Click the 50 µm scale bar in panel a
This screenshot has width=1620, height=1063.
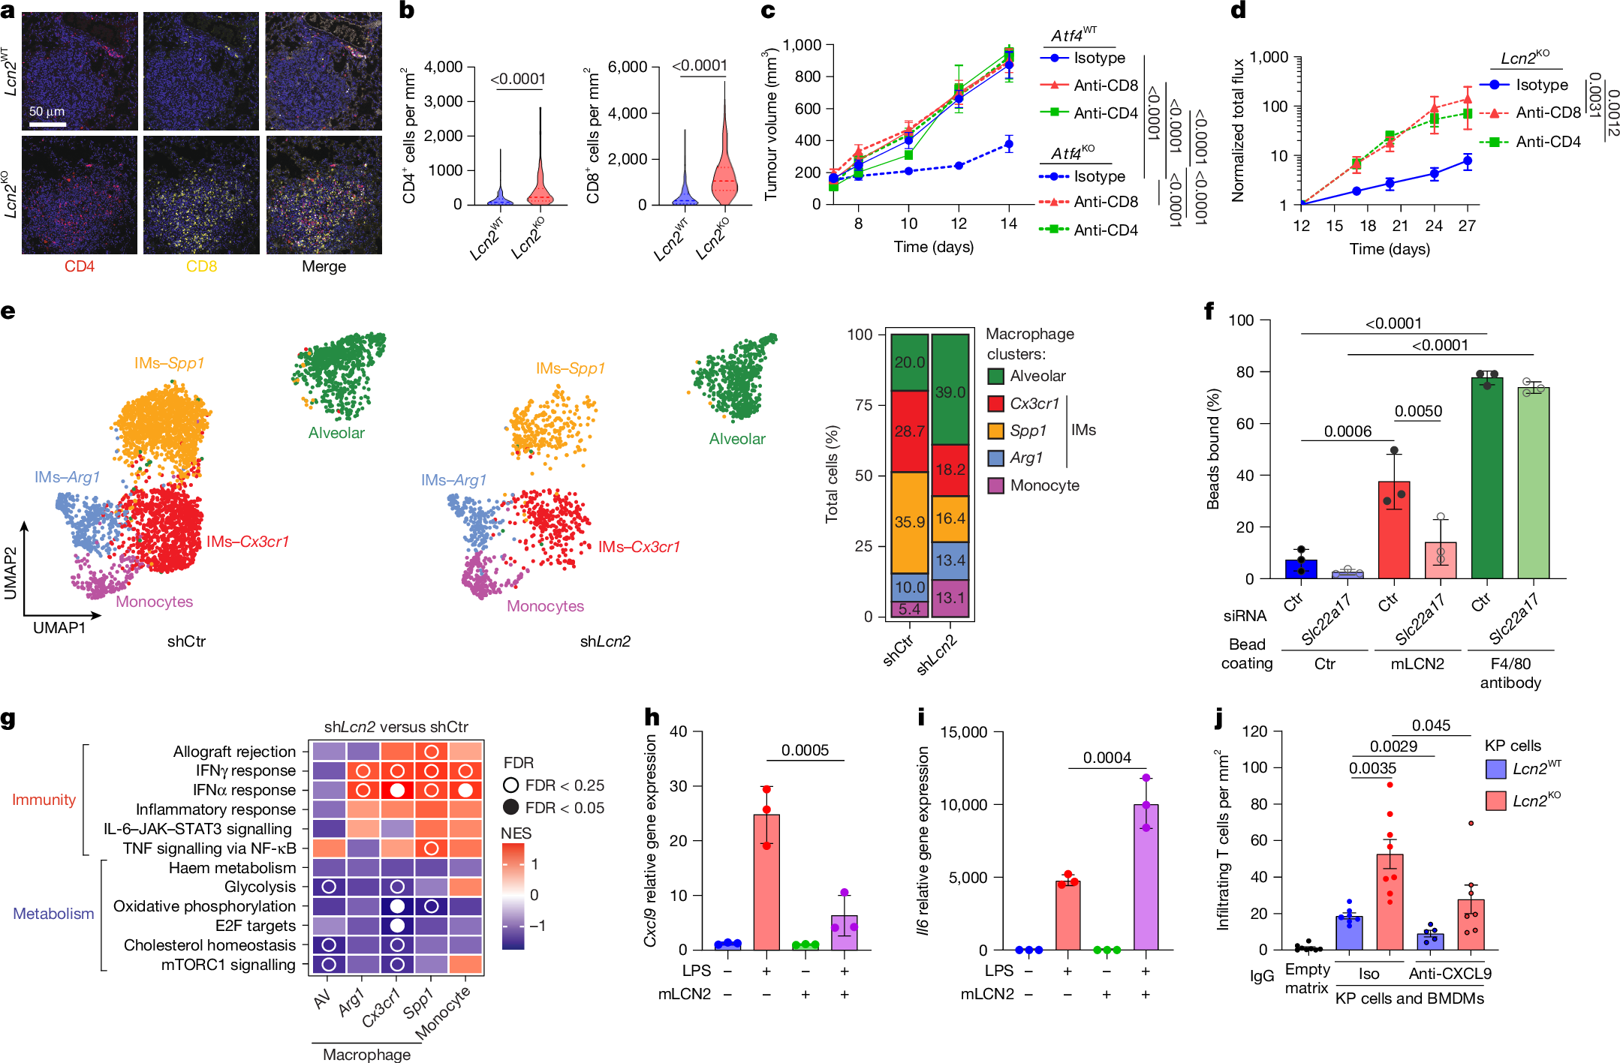[x=47, y=124]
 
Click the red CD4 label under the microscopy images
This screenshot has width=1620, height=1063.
[x=80, y=266]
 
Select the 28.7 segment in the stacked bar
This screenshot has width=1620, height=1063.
[x=909, y=431]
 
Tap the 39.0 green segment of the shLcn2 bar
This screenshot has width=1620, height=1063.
[x=950, y=391]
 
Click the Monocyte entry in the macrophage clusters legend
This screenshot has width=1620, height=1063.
[x=1043, y=485]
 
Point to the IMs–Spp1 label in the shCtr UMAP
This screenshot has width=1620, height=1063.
[x=169, y=363]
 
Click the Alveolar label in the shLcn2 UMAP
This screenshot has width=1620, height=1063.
[x=736, y=439]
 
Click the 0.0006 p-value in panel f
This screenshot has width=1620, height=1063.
[x=1347, y=431]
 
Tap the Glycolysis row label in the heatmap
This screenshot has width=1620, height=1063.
[x=260, y=887]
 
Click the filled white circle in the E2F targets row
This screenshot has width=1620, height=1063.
[x=397, y=926]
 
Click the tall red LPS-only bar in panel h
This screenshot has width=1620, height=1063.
[x=766, y=881]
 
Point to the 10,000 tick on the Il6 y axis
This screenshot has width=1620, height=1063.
[x=968, y=805]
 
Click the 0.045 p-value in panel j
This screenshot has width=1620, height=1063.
[x=1431, y=725]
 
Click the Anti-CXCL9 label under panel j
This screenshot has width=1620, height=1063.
[x=1450, y=974]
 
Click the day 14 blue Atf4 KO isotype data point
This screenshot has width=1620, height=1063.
[x=1009, y=144]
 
